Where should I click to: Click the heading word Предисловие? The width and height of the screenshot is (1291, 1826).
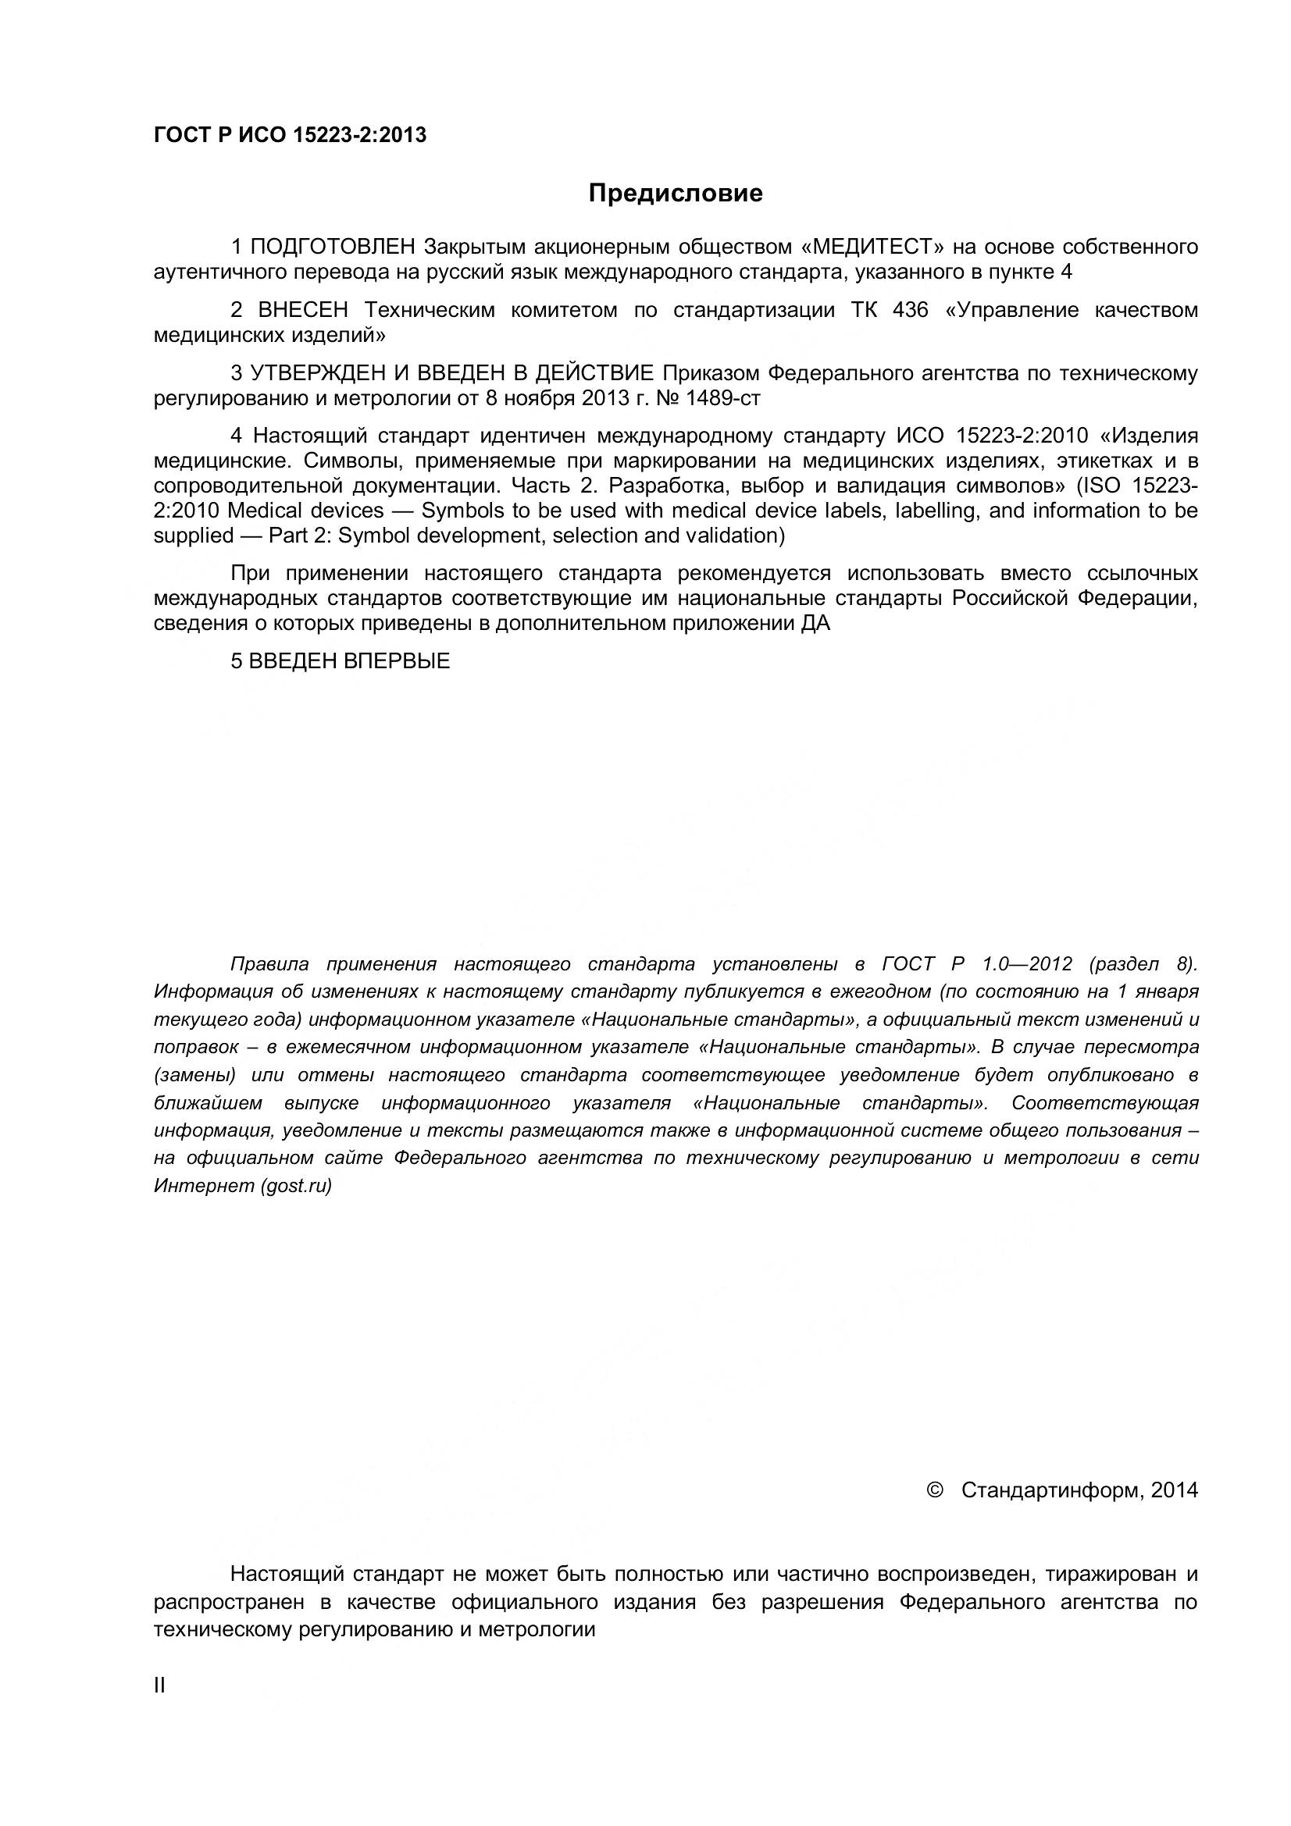pos(676,194)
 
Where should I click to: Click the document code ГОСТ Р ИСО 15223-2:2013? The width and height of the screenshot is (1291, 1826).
pos(290,135)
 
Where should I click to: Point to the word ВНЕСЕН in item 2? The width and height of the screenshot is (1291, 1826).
pos(303,310)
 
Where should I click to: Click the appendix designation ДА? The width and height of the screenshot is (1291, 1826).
pos(815,624)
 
